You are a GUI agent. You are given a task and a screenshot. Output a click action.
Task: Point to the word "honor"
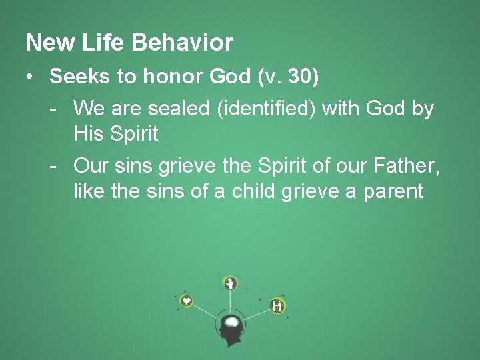(170, 77)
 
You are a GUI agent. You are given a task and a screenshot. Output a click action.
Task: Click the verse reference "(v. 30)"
(288, 77)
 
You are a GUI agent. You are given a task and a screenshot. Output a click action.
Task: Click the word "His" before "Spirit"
(89, 133)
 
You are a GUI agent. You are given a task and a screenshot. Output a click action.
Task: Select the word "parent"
(393, 193)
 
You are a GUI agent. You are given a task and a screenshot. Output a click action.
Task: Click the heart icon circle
(187, 301)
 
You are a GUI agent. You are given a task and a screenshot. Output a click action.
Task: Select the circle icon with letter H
(277, 306)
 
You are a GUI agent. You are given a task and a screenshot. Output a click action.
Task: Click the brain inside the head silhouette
(231, 323)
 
